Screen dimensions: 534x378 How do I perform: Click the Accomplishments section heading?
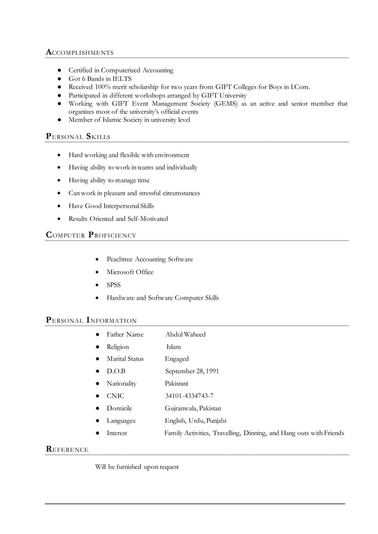(80, 53)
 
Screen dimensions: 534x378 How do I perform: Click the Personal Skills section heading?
(78, 137)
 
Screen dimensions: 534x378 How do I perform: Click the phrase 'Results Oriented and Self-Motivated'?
(118, 219)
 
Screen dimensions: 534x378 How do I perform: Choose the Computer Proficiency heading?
(91, 236)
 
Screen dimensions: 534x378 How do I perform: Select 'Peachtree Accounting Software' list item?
(149, 259)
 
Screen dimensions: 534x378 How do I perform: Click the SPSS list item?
(114, 285)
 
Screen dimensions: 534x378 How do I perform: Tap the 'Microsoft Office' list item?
(130, 272)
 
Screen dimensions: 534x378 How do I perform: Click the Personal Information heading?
(91, 321)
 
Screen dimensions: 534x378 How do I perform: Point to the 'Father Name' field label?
(124, 334)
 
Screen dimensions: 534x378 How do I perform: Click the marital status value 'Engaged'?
(177, 359)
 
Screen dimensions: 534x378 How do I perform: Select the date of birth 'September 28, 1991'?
(191, 371)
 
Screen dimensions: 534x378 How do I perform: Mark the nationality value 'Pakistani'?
(176, 384)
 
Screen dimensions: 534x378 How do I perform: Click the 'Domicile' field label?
(119, 408)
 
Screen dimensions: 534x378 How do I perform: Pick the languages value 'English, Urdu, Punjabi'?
(196, 421)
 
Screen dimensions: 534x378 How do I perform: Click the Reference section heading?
(67, 450)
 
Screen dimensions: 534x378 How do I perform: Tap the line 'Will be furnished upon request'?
(136, 467)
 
